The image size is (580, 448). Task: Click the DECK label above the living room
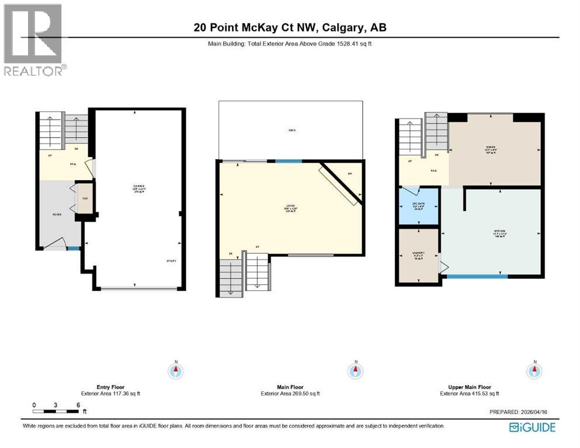(291, 130)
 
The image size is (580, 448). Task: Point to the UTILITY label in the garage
(171, 261)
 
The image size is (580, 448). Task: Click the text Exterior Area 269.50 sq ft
(290, 394)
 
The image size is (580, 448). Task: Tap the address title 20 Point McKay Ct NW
(290, 27)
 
